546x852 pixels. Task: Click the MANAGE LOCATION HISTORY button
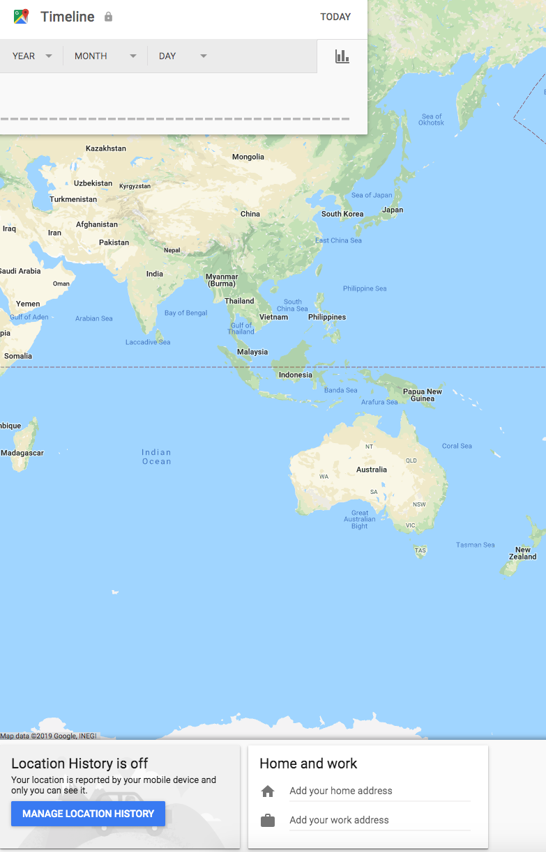pos(88,814)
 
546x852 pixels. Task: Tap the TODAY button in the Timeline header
pos(335,17)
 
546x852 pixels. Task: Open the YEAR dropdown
pos(32,56)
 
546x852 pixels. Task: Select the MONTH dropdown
pos(105,56)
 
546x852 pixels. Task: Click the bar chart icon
pos(342,56)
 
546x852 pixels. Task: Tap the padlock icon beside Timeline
pos(108,17)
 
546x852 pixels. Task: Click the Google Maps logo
pos(21,17)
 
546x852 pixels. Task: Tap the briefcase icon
pos(268,821)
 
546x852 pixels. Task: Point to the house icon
pos(268,791)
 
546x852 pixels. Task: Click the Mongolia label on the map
pos(248,157)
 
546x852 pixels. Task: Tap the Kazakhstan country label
pos(106,148)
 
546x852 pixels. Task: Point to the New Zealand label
pos(523,553)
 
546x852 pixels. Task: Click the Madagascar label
pos(22,453)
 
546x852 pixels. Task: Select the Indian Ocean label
pos(156,457)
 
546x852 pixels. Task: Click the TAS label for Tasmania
pos(420,550)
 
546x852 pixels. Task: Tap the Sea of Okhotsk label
pos(432,120)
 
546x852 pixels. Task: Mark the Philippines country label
pos(327,317)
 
